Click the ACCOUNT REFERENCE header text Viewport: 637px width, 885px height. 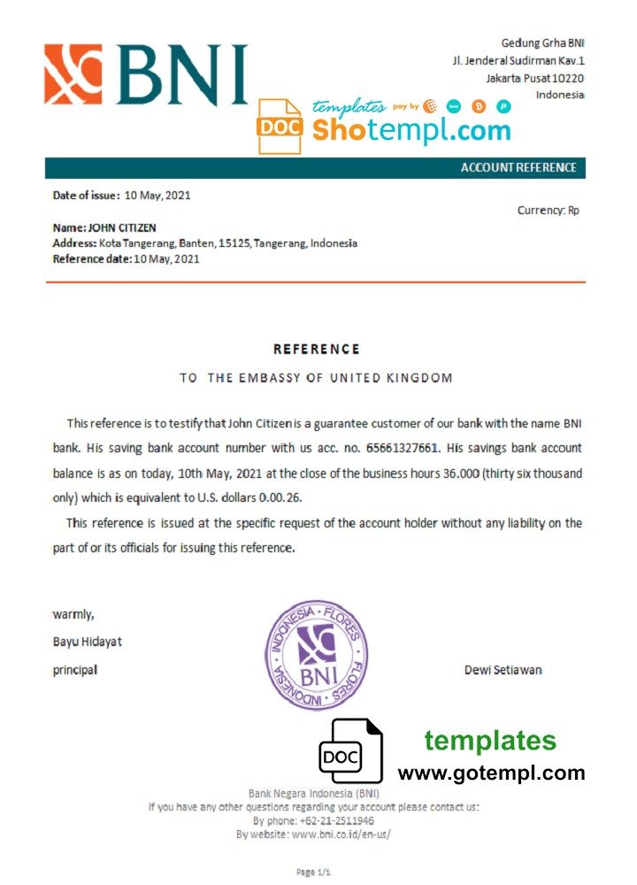click(x=518, y=168)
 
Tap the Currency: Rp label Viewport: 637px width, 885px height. click(x=548, y=211)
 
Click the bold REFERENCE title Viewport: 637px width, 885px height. click(x=317, y=350)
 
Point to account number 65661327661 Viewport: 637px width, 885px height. click(x=405, y=450)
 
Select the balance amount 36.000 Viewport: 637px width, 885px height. click(x=460, y=474)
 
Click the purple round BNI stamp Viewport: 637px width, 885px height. click(x=318, y=655)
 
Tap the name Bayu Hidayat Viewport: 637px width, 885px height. click(x=88, y=642)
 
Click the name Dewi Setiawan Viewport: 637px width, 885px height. click(x=503, y=670)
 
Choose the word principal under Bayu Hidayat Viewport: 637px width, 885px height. click(x=75, y=670)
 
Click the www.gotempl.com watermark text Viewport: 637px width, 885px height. click(x=491, y=773)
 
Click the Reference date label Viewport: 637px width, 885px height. click(x=92, y=259)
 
